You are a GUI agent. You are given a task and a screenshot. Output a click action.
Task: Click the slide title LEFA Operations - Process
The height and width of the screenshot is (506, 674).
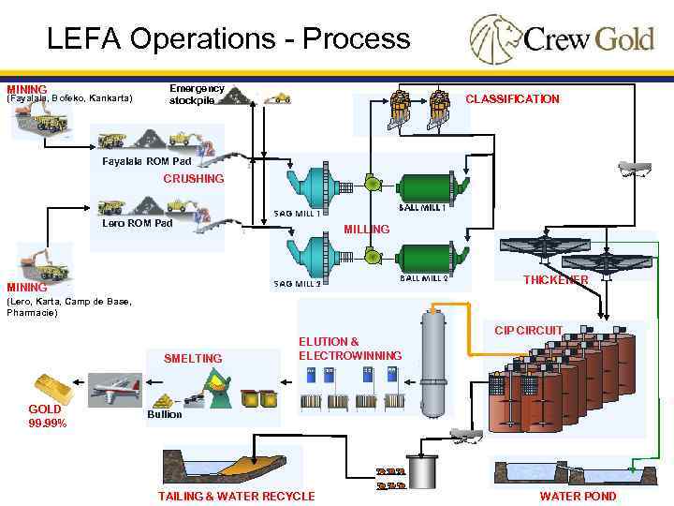[x=228, y=38]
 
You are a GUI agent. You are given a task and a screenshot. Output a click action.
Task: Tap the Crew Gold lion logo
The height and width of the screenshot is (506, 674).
[x=493, y=37]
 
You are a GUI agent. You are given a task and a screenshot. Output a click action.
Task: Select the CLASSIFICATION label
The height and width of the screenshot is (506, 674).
[x=512, y=99]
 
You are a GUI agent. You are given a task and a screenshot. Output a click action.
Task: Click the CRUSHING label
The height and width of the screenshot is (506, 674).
[x=194, y=178]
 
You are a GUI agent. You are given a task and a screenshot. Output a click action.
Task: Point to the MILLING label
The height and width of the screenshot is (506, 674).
[x=367, y=230]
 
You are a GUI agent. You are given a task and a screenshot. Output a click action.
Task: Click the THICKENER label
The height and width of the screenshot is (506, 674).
[x=555, y=280]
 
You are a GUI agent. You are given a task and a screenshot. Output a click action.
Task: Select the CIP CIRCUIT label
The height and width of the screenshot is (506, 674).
[x=528, y=330]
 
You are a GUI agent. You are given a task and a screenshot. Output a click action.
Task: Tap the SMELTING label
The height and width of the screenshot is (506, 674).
[x=193, y=358]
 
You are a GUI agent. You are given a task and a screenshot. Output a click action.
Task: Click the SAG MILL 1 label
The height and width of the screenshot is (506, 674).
[x=297, y=214]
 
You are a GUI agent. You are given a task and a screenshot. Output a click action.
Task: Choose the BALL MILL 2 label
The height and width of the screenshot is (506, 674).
[x=424, y=278]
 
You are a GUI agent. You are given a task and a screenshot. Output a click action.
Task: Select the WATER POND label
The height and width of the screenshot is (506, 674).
[x=578, y=496]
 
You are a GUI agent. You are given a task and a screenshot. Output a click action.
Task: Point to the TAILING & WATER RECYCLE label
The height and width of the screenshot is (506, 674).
[x=236, y=496]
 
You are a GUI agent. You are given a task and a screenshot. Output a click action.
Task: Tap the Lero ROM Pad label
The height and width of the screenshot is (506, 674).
[x=138, y=223]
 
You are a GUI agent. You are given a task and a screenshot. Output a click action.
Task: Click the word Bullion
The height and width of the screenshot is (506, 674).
[x=164, y=414]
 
